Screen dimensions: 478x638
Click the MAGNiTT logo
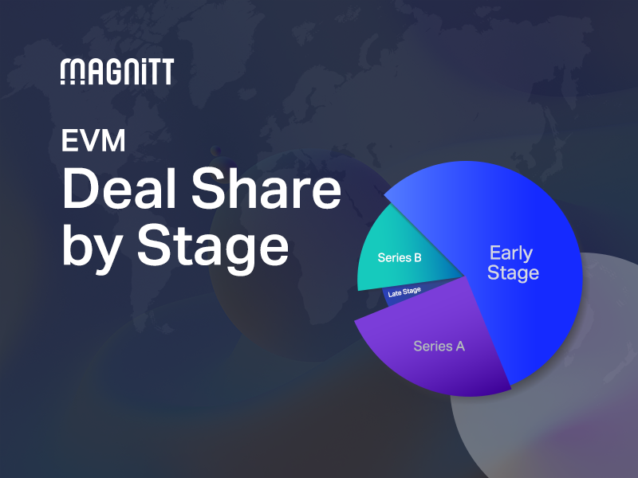coord(116,72)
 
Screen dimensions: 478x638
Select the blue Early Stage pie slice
coord(510,303)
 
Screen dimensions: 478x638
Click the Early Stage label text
coord(514,263)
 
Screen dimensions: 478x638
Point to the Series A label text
coord(439,347)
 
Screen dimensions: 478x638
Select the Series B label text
coord(400,258)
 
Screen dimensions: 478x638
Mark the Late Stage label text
coord(404,293)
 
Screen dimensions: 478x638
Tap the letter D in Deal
coord(80,190)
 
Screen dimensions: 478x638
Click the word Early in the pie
coord(511,253)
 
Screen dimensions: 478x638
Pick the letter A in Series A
coord(459,347)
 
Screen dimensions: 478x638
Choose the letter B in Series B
coord(417,258)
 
